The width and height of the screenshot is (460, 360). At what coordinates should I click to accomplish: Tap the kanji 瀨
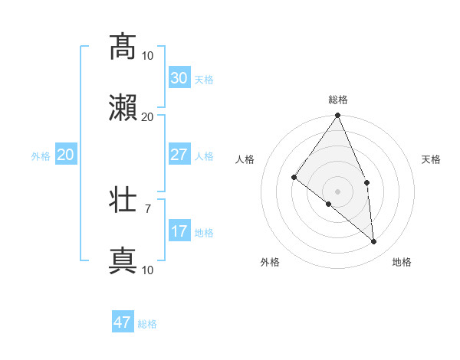click(x=123, y=108)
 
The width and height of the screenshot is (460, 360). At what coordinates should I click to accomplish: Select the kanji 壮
click(x=123, y=200)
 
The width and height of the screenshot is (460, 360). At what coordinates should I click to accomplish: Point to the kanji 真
click(x=123, y=261)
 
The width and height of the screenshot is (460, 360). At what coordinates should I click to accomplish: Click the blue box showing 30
click(x=179, y=78)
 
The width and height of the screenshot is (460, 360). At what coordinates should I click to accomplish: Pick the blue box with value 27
click(x=179, y=155)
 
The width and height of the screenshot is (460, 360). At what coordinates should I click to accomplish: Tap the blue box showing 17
click(x=179, y=231)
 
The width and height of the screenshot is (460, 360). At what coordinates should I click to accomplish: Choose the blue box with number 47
click(x=123, y=322)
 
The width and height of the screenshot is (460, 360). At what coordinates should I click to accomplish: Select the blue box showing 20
click(x=66, y=155)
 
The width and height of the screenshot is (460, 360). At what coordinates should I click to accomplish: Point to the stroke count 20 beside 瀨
click(x=147, y=116)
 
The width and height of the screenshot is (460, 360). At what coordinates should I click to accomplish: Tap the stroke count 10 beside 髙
click(x=147, y=55)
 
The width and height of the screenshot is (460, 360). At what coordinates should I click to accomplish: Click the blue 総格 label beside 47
click(x=147, y=324)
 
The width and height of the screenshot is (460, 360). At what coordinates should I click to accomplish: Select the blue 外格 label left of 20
click(x=41, y=156)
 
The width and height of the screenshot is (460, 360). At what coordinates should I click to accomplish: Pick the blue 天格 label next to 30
click(x=204, y=80)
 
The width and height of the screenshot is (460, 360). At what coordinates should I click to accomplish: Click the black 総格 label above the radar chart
click(x=338, y=100)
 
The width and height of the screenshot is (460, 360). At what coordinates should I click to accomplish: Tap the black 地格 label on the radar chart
click(x=402, y=262)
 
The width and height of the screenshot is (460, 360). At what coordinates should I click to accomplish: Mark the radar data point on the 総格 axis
click(x=338, y=116)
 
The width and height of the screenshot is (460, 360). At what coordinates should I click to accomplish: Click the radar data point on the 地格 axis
click(x=374, y=241)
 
